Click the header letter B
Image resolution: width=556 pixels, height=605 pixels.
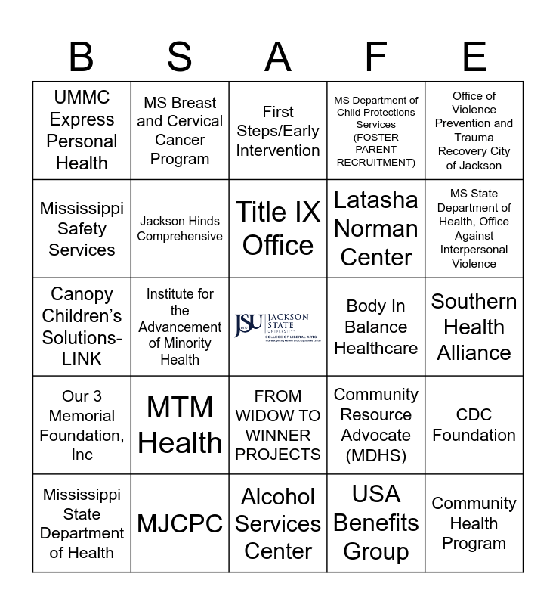[82, 57]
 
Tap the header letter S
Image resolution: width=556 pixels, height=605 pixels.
[180, 57]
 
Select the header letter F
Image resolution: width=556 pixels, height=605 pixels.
[375, 57]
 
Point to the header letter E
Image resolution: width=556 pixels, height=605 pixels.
[474, 57]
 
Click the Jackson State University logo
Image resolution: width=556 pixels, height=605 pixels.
[278, 327]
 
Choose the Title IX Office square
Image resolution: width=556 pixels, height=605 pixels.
[278, 228]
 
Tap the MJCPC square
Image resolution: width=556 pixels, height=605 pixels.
[180, 523]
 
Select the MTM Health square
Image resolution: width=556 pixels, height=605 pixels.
[180, 425]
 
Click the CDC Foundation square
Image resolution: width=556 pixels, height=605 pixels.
[474, 425]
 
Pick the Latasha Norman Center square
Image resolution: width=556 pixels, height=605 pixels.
[375, 228]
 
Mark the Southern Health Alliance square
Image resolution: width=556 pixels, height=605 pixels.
[474, 327]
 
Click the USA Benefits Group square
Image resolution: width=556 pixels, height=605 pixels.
[375, 523]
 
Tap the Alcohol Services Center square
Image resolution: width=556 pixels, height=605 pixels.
[278, 523]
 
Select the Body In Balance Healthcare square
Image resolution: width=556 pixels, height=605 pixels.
[375, 327]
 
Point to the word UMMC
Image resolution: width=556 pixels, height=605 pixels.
[82, 98]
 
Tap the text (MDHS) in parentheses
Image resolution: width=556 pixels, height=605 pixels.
[375, 455]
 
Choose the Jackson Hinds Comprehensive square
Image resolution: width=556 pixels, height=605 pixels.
[180, 228]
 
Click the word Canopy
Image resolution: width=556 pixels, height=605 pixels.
[82, 294]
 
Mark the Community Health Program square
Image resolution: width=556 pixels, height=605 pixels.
[474, 523]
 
